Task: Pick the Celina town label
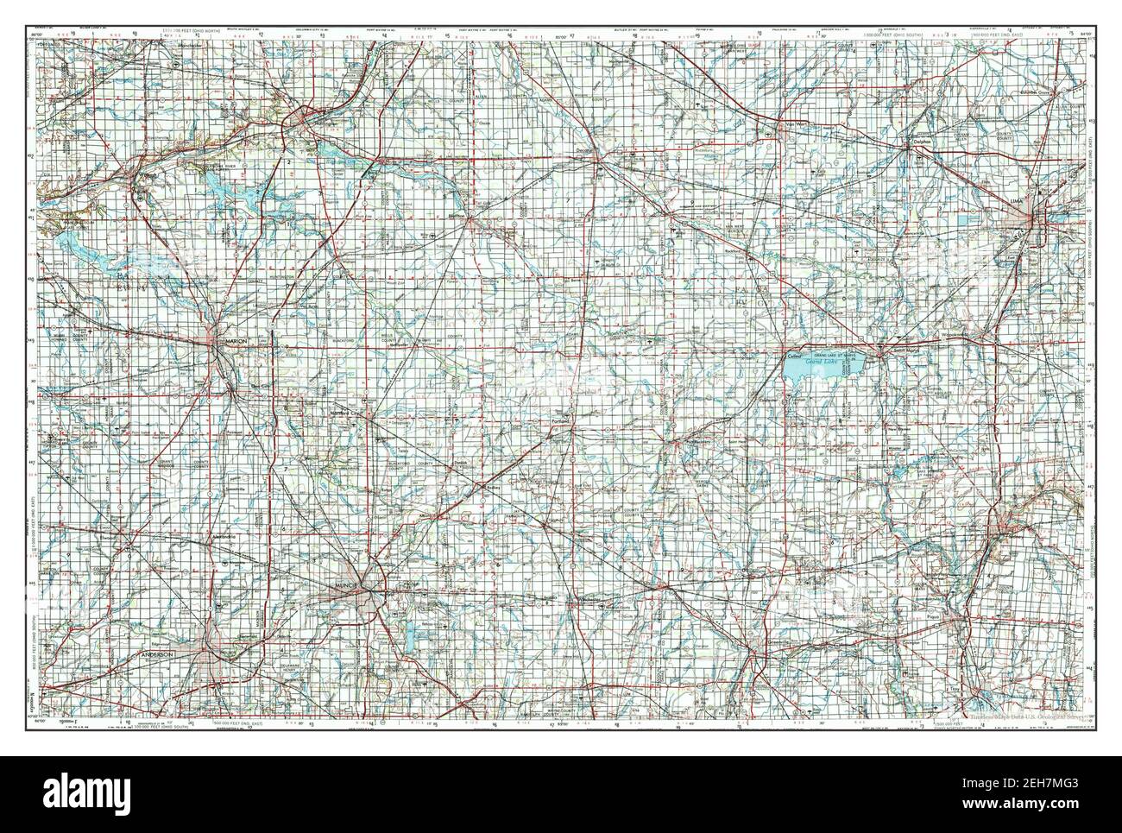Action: (793, 356)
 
